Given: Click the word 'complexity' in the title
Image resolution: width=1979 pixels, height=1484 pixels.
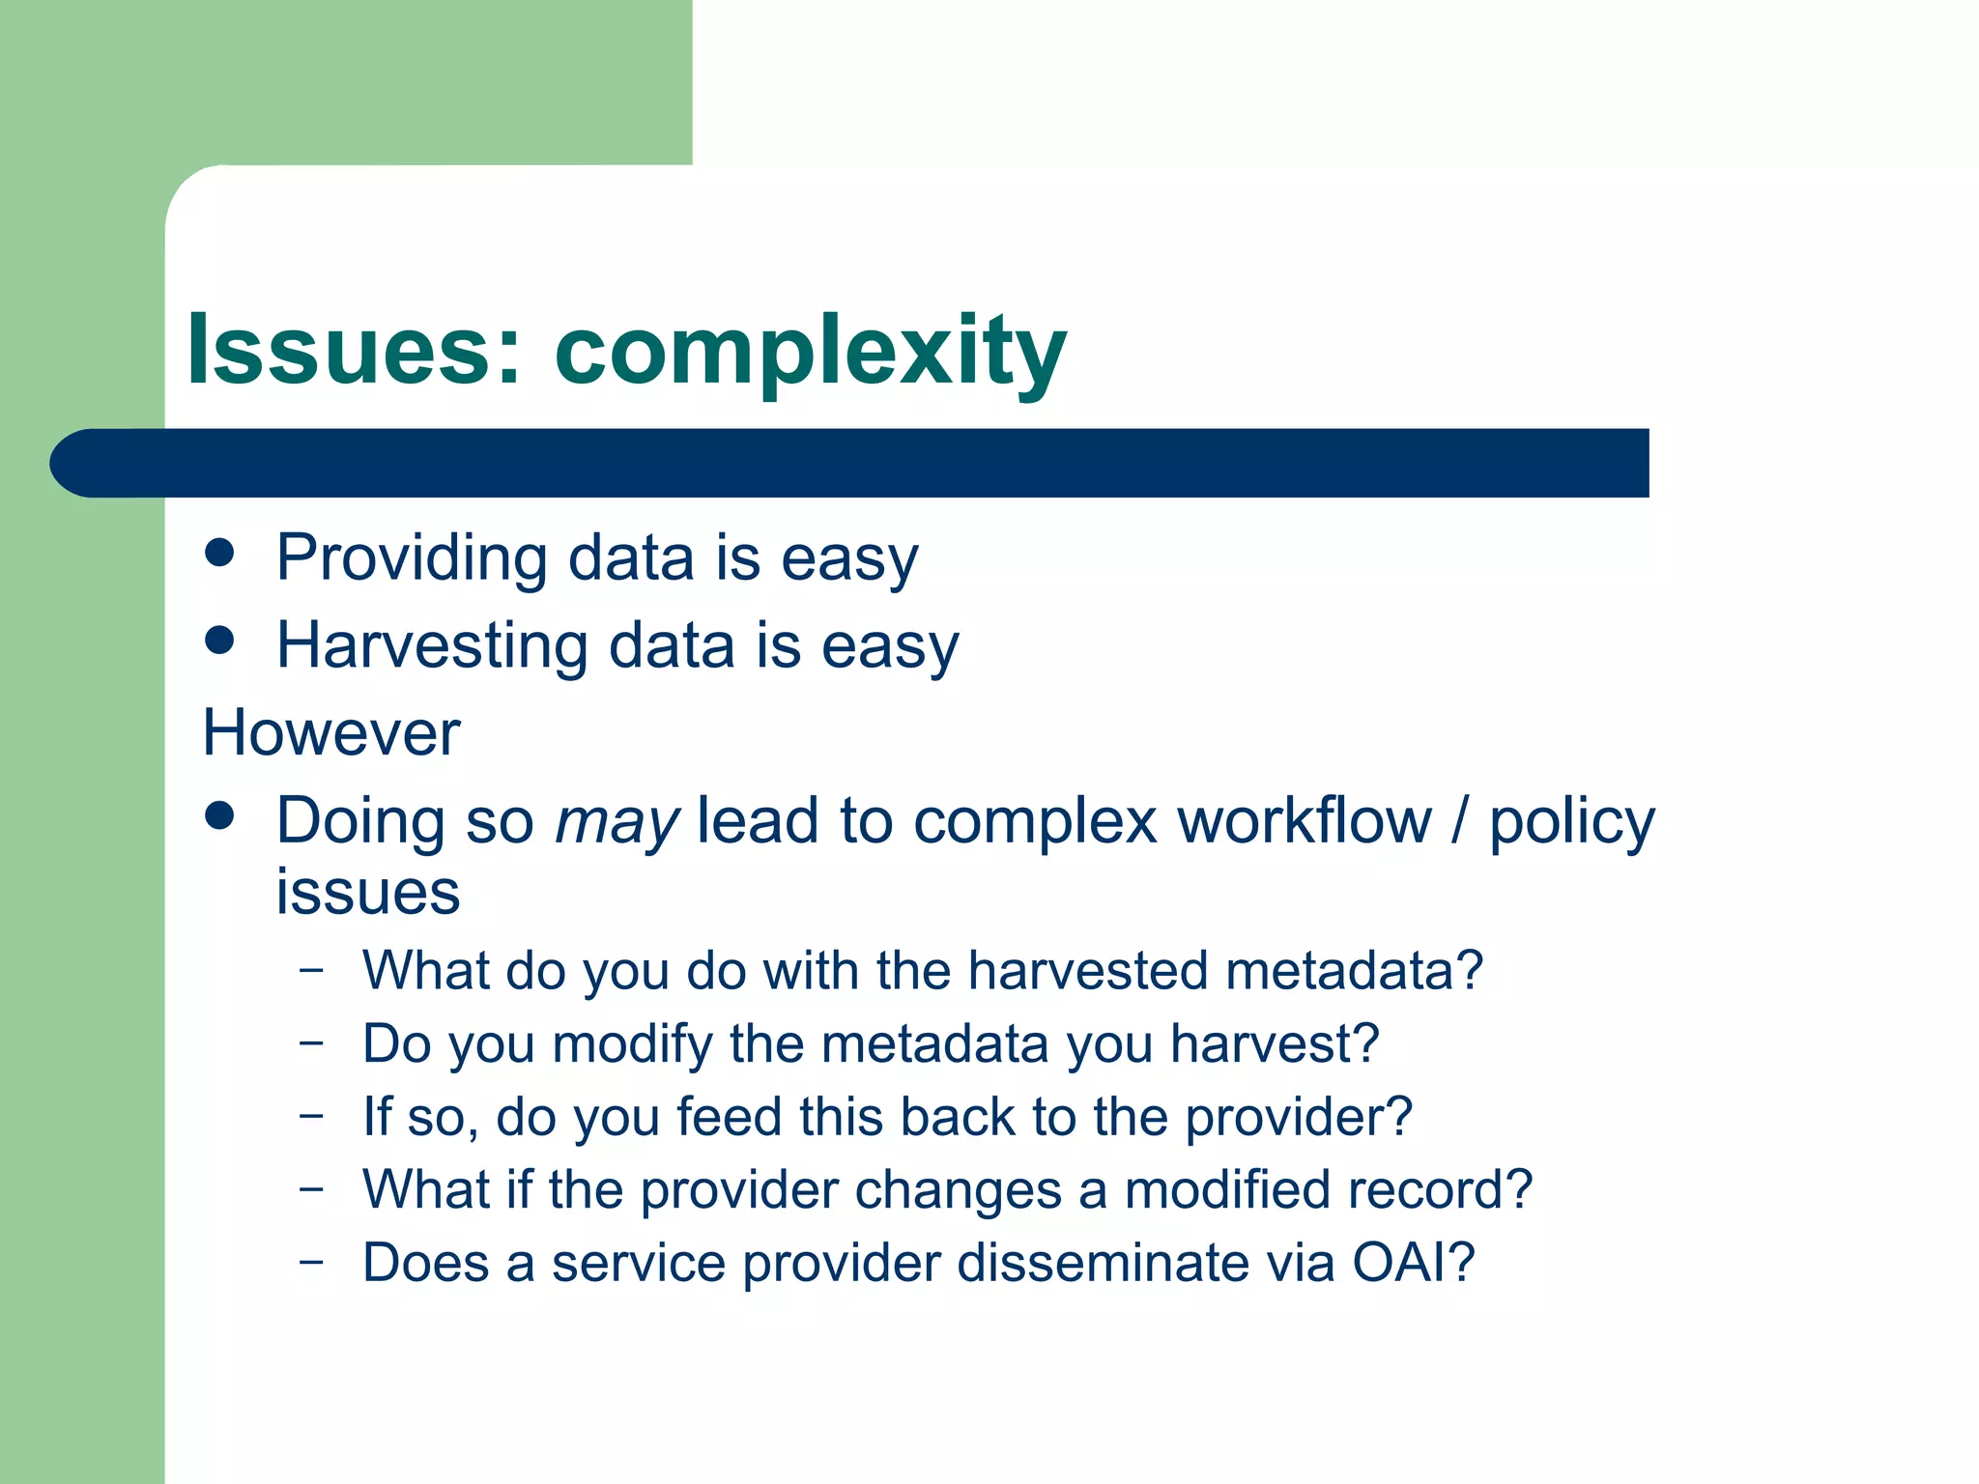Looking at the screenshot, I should pyautogui.click(x=810, y=353).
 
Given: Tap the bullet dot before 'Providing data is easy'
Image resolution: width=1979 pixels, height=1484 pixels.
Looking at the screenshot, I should pyautogui.click(x=220, y=553).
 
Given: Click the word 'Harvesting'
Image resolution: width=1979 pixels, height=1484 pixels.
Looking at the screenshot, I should pyautogui.click(x=432, y=645).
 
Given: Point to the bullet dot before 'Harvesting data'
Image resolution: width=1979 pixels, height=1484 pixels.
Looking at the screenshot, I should pyautogui.click(x=220, y=640).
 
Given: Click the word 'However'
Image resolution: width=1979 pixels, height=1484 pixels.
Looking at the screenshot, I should pyautogui.click(x=331, y=732).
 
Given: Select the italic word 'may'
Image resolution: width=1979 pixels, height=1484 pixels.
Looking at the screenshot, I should pyautogui.click(x=617, y=823).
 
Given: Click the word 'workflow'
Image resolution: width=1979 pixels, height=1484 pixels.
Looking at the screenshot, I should pyautogui.click(x=1304, y=821).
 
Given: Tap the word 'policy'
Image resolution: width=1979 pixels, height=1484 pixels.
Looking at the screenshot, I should pyautogui.click(x=1571, y=823).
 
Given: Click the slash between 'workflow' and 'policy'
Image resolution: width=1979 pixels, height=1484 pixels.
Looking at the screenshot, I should pyautogui.click(x=1460, y=821).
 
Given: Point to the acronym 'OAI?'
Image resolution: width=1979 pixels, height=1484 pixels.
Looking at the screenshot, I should pyautogui.click(x=1413, y=1263).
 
